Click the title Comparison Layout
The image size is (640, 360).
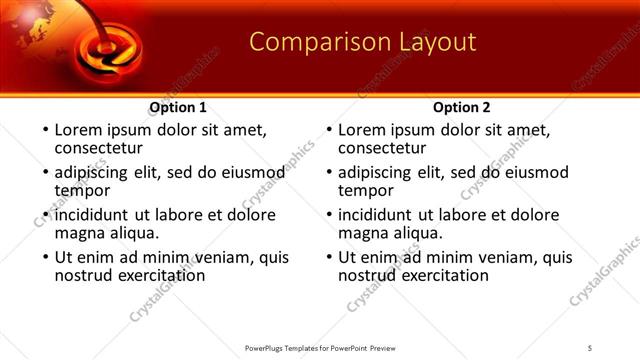362,42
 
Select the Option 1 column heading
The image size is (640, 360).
178,107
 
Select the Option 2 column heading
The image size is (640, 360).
461,107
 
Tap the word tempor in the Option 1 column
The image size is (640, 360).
81,190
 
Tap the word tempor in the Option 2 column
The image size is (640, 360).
364,190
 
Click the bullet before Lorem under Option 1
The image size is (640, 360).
43,131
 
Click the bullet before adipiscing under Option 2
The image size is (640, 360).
326,173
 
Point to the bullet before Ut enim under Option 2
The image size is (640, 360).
326,257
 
